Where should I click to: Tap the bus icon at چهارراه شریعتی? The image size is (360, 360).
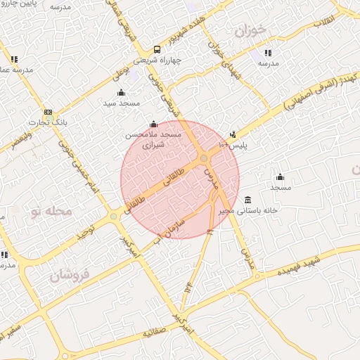pyautogui.click(x=157, y=49)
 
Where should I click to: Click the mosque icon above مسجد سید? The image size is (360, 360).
pyautogui.click(x=121, y=92)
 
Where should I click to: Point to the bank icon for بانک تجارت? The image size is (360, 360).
pyautogui.click(x=48, y=112)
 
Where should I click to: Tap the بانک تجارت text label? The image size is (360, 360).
pyautogui.click(x=47, y=124)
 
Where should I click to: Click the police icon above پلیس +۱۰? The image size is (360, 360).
pyautogui.click(x=233, y=134)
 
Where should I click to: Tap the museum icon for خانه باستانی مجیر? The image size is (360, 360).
pyautogui.click(x=247, y=200)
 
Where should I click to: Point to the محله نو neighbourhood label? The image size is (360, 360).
pyautogui.click(x=48, y=211)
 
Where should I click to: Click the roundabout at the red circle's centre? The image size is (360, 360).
pyautogui.click(x=203, y=159)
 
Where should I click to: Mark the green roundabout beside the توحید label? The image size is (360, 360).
pyautogui.click(x=113, y=217)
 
